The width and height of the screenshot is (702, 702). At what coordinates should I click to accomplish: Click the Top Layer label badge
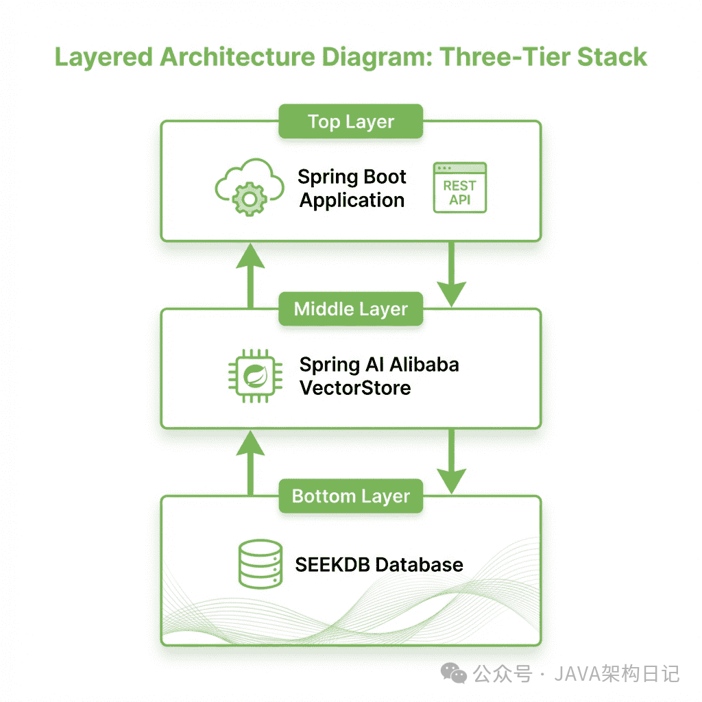point(350,122)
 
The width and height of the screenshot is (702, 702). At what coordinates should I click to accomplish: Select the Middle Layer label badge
point(350,309)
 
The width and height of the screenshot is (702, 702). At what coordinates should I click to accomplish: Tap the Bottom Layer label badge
point(350,496)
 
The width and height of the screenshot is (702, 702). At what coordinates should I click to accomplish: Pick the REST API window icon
point(460,188)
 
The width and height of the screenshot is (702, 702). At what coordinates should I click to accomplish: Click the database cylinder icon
point(260,564)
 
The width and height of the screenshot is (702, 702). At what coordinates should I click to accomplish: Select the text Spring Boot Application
point(352,189)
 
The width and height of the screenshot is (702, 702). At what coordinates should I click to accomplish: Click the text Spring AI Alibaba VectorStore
point(379,376)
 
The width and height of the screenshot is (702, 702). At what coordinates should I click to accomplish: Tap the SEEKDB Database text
point(379,565)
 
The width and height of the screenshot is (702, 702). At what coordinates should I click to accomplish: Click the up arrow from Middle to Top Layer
point(250,274)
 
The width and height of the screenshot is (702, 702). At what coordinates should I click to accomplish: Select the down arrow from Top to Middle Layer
point(451,274)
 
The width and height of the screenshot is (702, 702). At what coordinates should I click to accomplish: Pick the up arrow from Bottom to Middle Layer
point(250,462)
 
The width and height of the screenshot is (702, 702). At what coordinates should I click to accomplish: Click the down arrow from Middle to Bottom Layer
point(451,462)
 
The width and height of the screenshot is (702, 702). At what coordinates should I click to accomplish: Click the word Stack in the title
point(612,57)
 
